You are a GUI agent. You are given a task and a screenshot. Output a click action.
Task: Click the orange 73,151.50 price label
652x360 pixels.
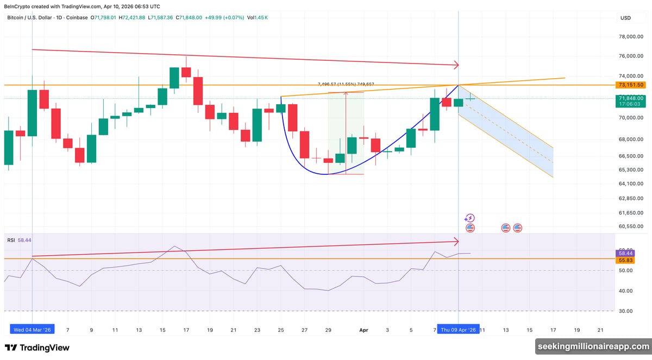point(631,85)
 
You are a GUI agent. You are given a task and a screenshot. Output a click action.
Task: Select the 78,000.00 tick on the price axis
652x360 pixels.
point(631,37)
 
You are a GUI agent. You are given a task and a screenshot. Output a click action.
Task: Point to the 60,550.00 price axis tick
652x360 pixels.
point(631,226)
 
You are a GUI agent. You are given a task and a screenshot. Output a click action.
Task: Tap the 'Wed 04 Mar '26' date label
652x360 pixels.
point(32,330)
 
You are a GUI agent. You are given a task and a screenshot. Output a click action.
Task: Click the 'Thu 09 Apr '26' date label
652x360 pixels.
point(459,330)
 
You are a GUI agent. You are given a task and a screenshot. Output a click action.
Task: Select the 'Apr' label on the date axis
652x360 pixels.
point(363,330)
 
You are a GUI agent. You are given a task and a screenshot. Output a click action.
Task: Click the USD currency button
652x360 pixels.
point(625,18)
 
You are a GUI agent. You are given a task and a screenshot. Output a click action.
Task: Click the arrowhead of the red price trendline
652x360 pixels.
point(456,65)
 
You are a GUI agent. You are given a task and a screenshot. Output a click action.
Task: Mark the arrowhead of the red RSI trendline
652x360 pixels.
point(456,241)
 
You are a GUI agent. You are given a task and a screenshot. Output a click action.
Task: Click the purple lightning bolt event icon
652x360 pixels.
point(471,218)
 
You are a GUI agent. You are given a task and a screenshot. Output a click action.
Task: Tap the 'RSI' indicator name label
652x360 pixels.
point(11,239)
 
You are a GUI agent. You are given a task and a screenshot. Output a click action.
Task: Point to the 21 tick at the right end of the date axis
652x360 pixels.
point(600,330)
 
